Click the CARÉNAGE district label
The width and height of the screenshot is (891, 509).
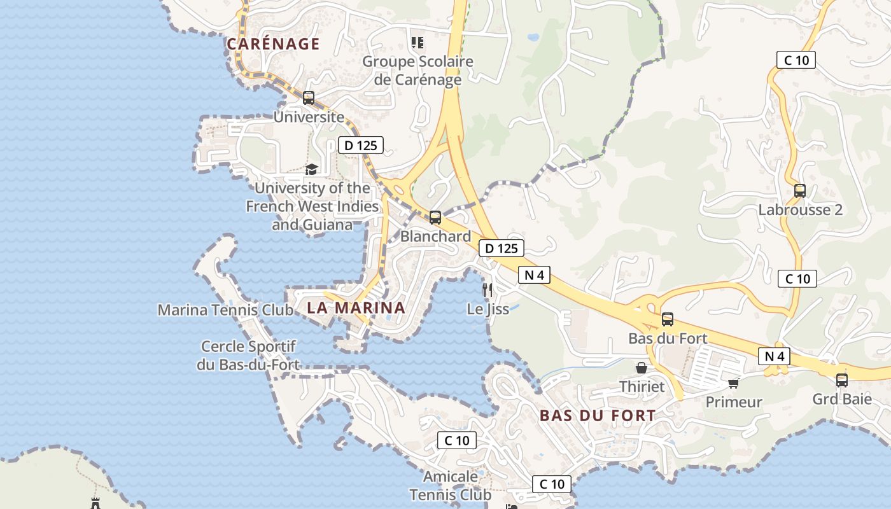coord(273,44)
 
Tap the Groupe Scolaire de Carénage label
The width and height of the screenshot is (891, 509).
coord(417,71)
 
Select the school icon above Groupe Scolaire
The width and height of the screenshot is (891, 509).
coord(417,43)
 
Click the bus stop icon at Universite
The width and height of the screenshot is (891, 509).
coord(309,98)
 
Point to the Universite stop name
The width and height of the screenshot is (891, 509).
coord(309,117)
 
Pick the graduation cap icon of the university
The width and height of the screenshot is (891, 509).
coord(311,169)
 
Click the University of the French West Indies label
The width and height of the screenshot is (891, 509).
coord(312,206)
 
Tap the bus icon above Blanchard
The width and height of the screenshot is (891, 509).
coord(435,218)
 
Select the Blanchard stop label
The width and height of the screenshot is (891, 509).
coord(435,236)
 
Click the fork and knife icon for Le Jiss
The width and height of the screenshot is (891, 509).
coord(488,290)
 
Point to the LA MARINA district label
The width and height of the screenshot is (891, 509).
coord(356,308)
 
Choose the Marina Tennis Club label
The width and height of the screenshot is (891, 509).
coord(225,310)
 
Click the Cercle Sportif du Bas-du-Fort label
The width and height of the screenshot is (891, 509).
coord(248,356)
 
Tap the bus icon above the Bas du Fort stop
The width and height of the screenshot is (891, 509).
coord(668,319)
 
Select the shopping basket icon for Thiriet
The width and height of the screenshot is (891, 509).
coord(642,368)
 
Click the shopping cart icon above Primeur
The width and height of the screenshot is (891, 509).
coord(734,383)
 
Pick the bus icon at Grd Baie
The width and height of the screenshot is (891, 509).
coord(842,380)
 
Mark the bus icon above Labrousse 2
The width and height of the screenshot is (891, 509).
coord(800,191)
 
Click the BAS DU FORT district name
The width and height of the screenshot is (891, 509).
coord(597,416)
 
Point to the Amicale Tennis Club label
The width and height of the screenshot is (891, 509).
coord(451,485)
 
